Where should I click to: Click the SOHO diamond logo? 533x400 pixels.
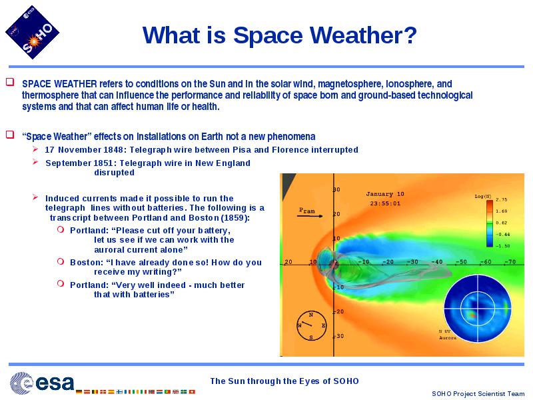tap(32, 32)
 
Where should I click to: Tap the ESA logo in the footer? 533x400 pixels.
tap(42, 383)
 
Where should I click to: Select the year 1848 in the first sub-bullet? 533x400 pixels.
tap(115, 149)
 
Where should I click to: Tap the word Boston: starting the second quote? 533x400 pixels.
tap(87, 262)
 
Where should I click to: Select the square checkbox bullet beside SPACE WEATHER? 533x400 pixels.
tap(10, 82)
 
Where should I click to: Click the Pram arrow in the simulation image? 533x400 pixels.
tap(310, 215)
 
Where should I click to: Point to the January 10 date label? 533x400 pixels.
tap(385, 194)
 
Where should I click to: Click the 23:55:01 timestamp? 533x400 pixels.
tap(385, 203)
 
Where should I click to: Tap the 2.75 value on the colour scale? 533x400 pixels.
tap(502, 199)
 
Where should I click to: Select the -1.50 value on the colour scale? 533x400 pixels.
tap(502, 245)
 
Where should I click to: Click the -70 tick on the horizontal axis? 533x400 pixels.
tap(510, 261)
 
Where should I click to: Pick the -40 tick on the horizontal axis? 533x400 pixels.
tap(437, 261)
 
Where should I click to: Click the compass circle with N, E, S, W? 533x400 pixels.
tap(311, 325)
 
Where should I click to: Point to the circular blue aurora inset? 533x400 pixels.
tap(477, 309)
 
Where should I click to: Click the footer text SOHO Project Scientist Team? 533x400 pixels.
tap(478, 393)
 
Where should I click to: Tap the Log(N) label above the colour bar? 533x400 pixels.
tap(482, 196)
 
